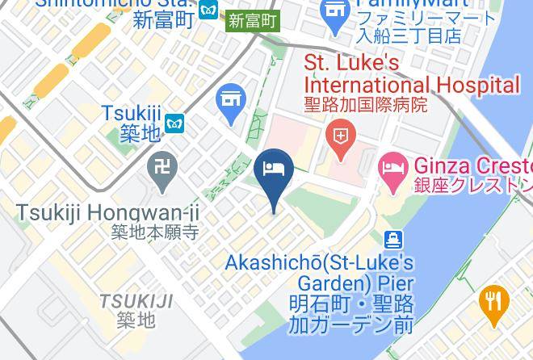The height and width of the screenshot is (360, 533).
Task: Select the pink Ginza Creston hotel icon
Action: [392, 170]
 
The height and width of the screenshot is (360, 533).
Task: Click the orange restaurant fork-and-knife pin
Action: [493, 302]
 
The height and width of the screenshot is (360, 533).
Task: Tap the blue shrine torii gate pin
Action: [232, 101]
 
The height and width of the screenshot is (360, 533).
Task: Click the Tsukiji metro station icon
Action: [175, 123]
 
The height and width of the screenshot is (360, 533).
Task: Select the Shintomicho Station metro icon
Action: [210, 10]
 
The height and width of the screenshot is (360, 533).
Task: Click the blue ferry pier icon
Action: [393, 240]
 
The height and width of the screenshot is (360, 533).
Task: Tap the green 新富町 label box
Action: [252, 21]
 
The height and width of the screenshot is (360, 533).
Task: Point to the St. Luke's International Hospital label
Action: [411, 73]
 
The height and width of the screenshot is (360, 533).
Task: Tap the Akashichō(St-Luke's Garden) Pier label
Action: [320, 273]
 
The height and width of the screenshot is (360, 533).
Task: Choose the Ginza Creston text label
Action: [472, 166]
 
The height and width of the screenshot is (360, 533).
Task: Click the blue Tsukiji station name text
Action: [132, 114]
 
